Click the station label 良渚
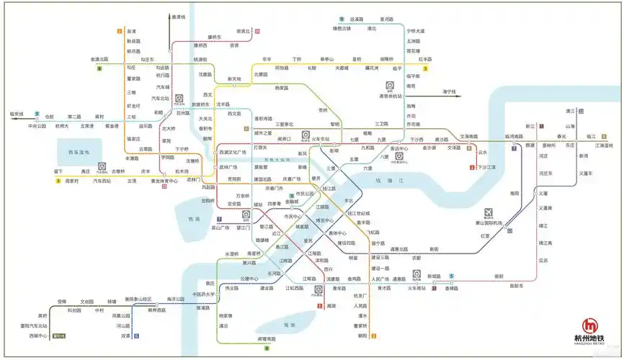[x=130, y=31]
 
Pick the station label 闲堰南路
[x=267, y=338]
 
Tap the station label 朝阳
[x=362, y=336]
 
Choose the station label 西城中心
[x=37, y=336]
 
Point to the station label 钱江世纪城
[x=359, y=213]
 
